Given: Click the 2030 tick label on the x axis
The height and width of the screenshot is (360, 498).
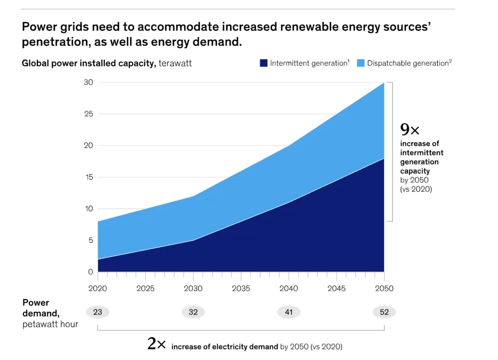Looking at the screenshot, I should tap(193, 288).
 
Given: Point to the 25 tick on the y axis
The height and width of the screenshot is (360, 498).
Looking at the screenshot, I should tap(88, 114).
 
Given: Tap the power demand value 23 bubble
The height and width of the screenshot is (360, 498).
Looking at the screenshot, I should tap(97, 312).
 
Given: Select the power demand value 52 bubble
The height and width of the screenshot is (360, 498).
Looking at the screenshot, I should tap(384, 312).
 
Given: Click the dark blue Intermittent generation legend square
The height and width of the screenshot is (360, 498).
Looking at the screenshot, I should tap(264, 63).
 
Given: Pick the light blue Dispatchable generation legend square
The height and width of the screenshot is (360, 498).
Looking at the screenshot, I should tap(360, 63).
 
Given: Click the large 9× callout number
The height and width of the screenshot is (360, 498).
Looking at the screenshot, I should tap(409, 129).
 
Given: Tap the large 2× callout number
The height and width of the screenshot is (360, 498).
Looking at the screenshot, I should tap(157, 344).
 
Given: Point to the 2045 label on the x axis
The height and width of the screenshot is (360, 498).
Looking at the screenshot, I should tap(337, 288).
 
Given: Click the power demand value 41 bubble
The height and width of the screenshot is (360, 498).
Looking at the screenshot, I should tap(289, 312).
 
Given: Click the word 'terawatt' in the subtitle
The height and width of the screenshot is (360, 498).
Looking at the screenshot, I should tap(175, 63).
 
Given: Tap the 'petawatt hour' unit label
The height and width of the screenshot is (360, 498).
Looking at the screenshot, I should tap(50, 324).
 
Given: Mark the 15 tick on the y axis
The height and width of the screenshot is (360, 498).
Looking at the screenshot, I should tap(88, 177).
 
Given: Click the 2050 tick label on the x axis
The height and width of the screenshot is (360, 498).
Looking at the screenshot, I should tap(384, 288).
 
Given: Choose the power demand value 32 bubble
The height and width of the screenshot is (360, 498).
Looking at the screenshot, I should tap(193, 312).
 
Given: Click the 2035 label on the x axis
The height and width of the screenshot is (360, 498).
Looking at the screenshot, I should tap(241, 288).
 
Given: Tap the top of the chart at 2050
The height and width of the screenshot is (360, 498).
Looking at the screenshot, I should tap(384, 83).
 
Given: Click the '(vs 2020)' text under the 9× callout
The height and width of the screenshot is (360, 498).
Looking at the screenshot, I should tap(416, 189).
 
